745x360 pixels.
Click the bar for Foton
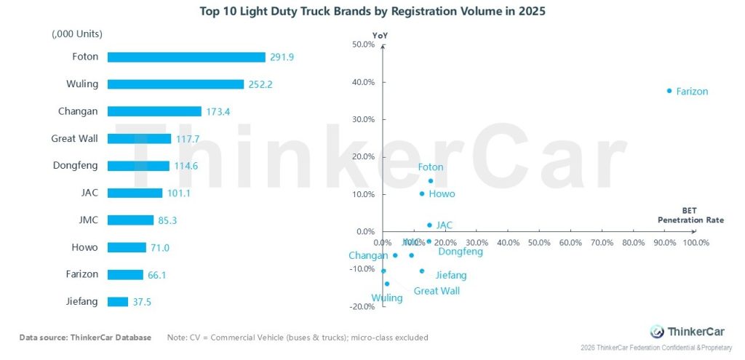point(186,57)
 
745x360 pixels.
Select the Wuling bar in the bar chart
point(175,84)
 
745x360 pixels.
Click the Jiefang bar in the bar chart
point(118,302)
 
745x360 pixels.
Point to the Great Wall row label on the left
point(74,138)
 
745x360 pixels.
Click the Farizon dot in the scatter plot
point(669,91)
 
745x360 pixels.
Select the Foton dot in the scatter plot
point(430,181)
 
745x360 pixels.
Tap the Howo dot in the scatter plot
point(422,193)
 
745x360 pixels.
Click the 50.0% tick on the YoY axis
point(362,44)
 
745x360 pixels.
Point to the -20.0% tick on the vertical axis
point(361,306)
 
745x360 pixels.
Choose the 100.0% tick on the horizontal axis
point(695,242)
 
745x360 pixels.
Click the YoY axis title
point(379,33)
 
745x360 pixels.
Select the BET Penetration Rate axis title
point(690,215)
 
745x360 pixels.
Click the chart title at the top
point(372,12)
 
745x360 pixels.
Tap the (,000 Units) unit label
point(77,33)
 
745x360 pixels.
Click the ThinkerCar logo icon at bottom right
point(657,331)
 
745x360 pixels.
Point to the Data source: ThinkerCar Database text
point(85,337)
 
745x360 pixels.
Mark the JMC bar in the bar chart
point(130,220)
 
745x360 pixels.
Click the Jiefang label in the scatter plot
point(450,276)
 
